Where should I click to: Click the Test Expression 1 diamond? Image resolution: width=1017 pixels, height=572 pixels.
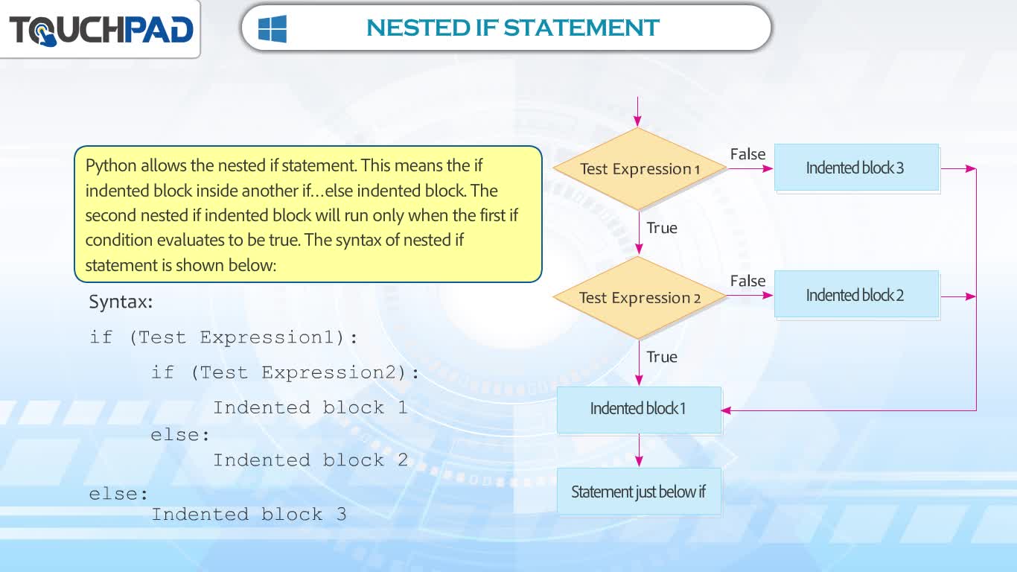640,168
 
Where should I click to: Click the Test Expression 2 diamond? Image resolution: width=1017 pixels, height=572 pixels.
640,298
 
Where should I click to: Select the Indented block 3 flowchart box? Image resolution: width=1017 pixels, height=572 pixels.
856,168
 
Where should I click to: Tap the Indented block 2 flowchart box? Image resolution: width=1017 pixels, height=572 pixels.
856,295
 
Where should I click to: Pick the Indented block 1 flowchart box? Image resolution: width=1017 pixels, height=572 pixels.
639,410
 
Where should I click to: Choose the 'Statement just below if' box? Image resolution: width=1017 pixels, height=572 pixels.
639,492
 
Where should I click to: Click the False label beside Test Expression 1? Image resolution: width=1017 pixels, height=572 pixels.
747,154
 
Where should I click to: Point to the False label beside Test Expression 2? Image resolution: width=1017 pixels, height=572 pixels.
747,281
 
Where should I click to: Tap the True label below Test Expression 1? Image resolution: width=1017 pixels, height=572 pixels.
662,228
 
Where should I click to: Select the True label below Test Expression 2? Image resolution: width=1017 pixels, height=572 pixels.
662,357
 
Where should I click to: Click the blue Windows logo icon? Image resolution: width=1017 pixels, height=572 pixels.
272,28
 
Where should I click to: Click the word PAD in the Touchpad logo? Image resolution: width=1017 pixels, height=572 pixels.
159,30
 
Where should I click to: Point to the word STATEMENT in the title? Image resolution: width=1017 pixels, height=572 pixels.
581,28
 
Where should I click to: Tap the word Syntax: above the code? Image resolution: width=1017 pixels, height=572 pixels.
121,302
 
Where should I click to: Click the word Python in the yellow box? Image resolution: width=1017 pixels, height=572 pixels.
111,166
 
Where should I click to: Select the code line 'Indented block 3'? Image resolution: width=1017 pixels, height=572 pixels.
249,515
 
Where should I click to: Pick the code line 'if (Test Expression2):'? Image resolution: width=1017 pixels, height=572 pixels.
285,372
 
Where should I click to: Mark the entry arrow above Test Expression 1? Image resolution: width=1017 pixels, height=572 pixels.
638,111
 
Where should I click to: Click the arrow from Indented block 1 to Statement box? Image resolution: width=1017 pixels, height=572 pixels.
639,451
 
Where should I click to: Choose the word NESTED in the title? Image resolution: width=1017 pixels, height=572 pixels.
418,28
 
